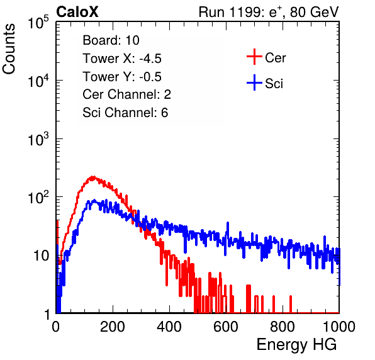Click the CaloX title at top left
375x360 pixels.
click(77, 12)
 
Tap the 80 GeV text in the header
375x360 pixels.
click(315, 12)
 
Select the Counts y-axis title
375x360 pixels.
click(9, 49)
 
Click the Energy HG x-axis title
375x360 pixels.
click(296, 344)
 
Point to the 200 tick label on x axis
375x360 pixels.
click(113, 327)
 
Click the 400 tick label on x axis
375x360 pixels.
click(169, 327)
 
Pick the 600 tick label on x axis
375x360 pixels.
click(226, 327)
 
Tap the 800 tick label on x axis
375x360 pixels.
click(283, 327)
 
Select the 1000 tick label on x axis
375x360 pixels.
click(339, 327)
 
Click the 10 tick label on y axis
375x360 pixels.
click(42, 256)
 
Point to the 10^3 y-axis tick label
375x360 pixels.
click(38, 138)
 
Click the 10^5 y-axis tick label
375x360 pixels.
click(38, 22)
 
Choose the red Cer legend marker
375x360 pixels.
click(254, 57)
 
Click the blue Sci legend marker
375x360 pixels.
click(254, 82)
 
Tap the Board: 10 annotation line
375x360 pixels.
click(111, 40)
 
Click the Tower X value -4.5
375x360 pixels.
click(150, 59)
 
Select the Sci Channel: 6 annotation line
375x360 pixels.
click(125, 113)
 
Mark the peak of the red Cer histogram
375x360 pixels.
click(93, 177)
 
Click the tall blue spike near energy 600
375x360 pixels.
click(228, 230)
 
